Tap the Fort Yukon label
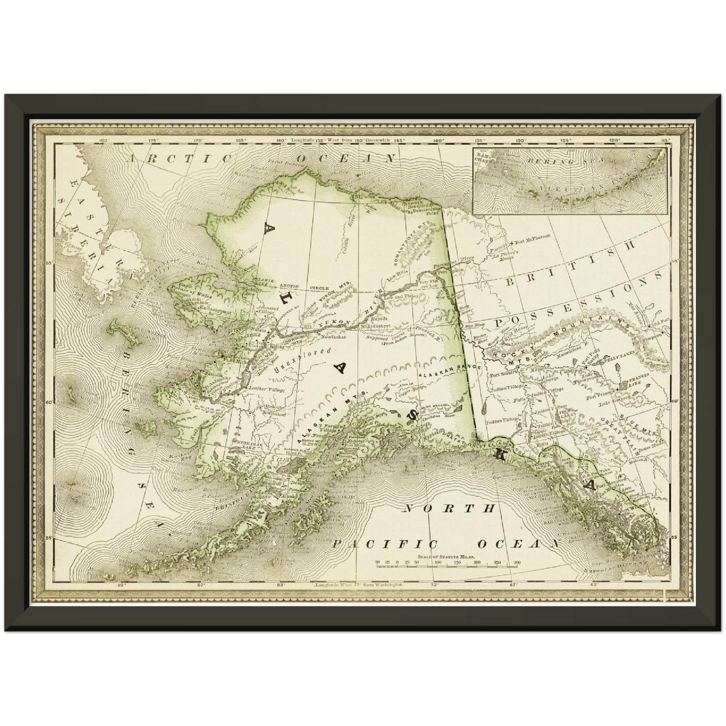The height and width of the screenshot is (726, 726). [447, 272]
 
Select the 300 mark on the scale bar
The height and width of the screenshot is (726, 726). [516, 563]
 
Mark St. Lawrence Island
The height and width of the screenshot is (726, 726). [121, 333]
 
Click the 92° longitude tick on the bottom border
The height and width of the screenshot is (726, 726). [121, 585]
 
